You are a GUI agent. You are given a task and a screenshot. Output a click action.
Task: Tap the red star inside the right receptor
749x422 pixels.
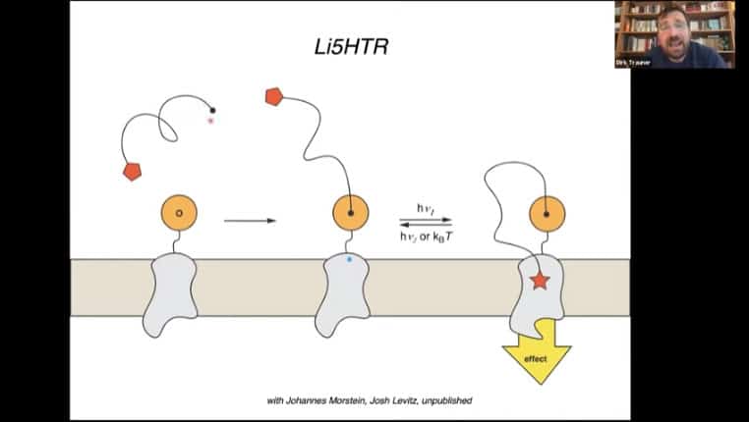click(x=539, y=282)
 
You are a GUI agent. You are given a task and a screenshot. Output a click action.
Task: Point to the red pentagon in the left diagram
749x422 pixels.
click(x=132, y=171)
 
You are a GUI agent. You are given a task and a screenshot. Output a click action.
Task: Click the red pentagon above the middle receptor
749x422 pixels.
click(x=274, y=96)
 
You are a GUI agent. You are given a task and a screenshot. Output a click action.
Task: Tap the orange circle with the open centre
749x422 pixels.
click(x=178, y=212)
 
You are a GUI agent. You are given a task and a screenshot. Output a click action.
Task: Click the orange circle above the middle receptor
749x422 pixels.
click(x=351, y=212)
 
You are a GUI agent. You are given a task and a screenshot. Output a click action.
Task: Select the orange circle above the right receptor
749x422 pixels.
click(x=547, y=212)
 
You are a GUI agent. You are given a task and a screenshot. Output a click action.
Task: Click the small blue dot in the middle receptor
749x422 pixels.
click(x=350, y=260)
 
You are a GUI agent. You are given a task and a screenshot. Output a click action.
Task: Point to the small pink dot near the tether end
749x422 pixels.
click(x=209, y=121)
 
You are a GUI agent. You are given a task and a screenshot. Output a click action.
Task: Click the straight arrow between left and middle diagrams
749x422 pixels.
click(x=250, y=221)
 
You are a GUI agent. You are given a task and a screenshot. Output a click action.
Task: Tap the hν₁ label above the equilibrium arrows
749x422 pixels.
click(x=427, y=208)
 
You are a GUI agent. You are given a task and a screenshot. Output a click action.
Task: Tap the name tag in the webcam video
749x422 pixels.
click(x=630, y=62)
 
